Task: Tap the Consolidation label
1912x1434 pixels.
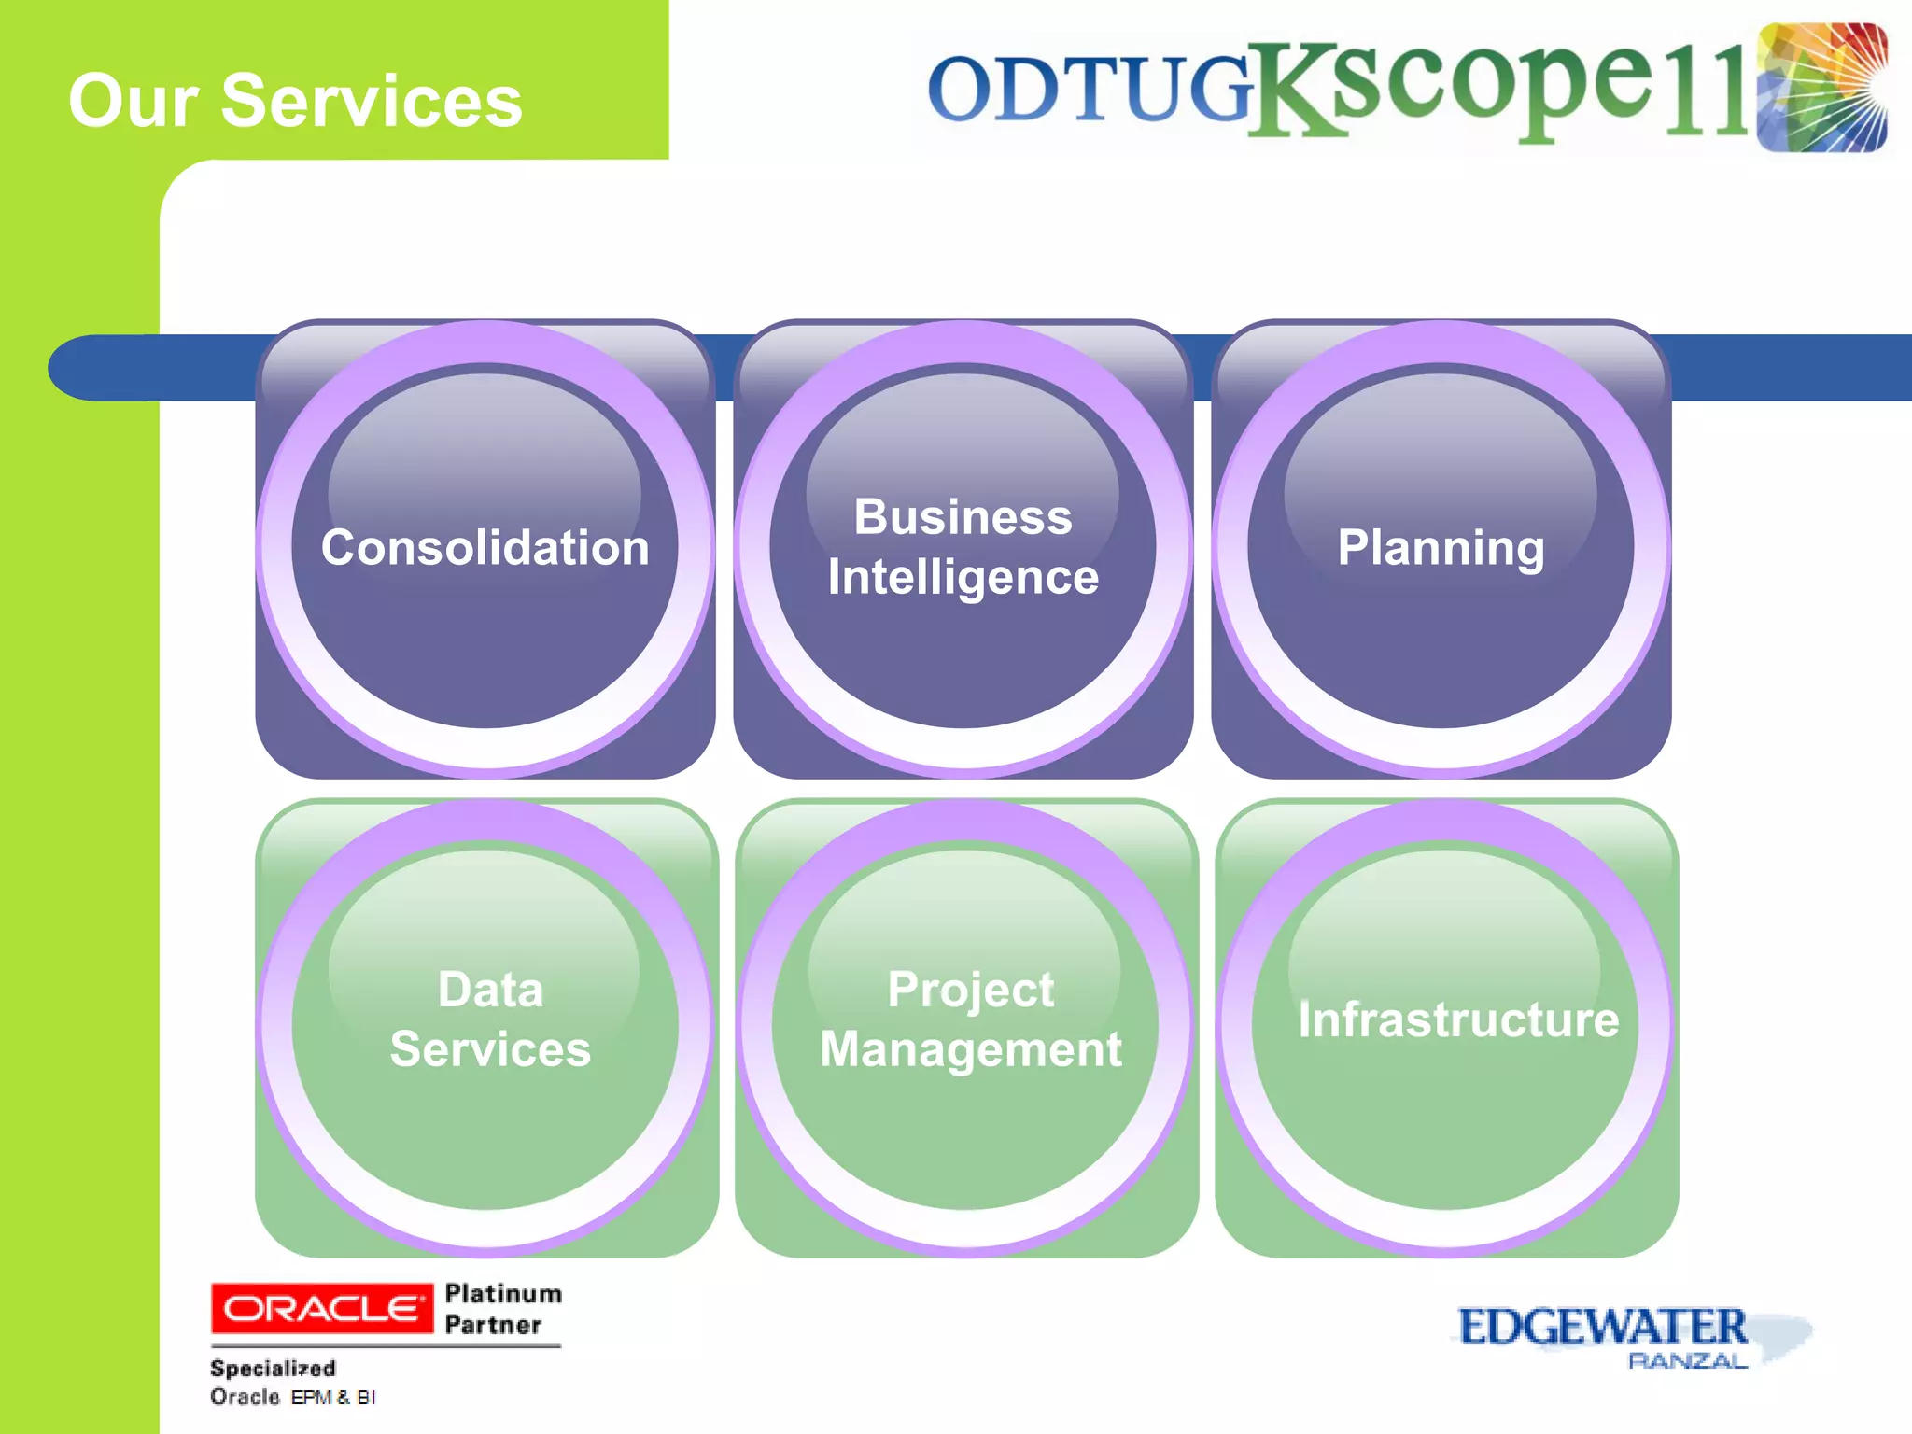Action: point(485,547)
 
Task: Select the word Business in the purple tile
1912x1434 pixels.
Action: point(963,516)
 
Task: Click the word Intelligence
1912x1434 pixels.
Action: point(963,577)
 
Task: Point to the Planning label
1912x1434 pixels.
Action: point(1441,547)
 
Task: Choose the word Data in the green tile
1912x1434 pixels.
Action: point(490,989)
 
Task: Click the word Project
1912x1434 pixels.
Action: point(970,990)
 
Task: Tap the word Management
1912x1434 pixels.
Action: point(970,1049)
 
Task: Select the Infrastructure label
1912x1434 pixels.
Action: point(1458,1019)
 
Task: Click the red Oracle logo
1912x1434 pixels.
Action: point(322,1309)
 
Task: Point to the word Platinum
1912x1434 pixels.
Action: point(503,1293)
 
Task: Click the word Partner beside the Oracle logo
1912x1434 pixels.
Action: point(493,1325)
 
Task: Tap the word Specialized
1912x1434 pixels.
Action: point(273,1368)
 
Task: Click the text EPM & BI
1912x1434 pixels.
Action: point(333,1398)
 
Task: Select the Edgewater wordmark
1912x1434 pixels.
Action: point(1602,1327)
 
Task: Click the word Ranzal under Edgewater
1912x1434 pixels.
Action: point(1687,1361)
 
